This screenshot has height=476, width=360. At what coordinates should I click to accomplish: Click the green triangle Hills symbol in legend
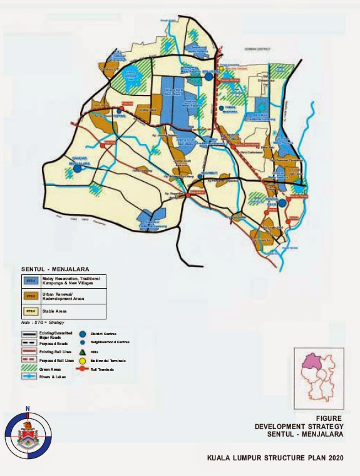[83, 352]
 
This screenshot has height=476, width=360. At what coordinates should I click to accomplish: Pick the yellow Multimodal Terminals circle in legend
[83, 361]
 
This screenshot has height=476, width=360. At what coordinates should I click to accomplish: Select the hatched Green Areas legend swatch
[29, 370]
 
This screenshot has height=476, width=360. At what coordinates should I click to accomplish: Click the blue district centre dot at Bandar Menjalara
[77, 168]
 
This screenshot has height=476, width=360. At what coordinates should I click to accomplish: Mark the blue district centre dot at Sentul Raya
[282, 202]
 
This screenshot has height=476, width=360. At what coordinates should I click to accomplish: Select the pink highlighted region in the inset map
[310, 361]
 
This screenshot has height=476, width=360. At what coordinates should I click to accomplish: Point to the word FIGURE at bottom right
[329, 418]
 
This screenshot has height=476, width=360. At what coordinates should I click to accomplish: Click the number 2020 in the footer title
[332, 458]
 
